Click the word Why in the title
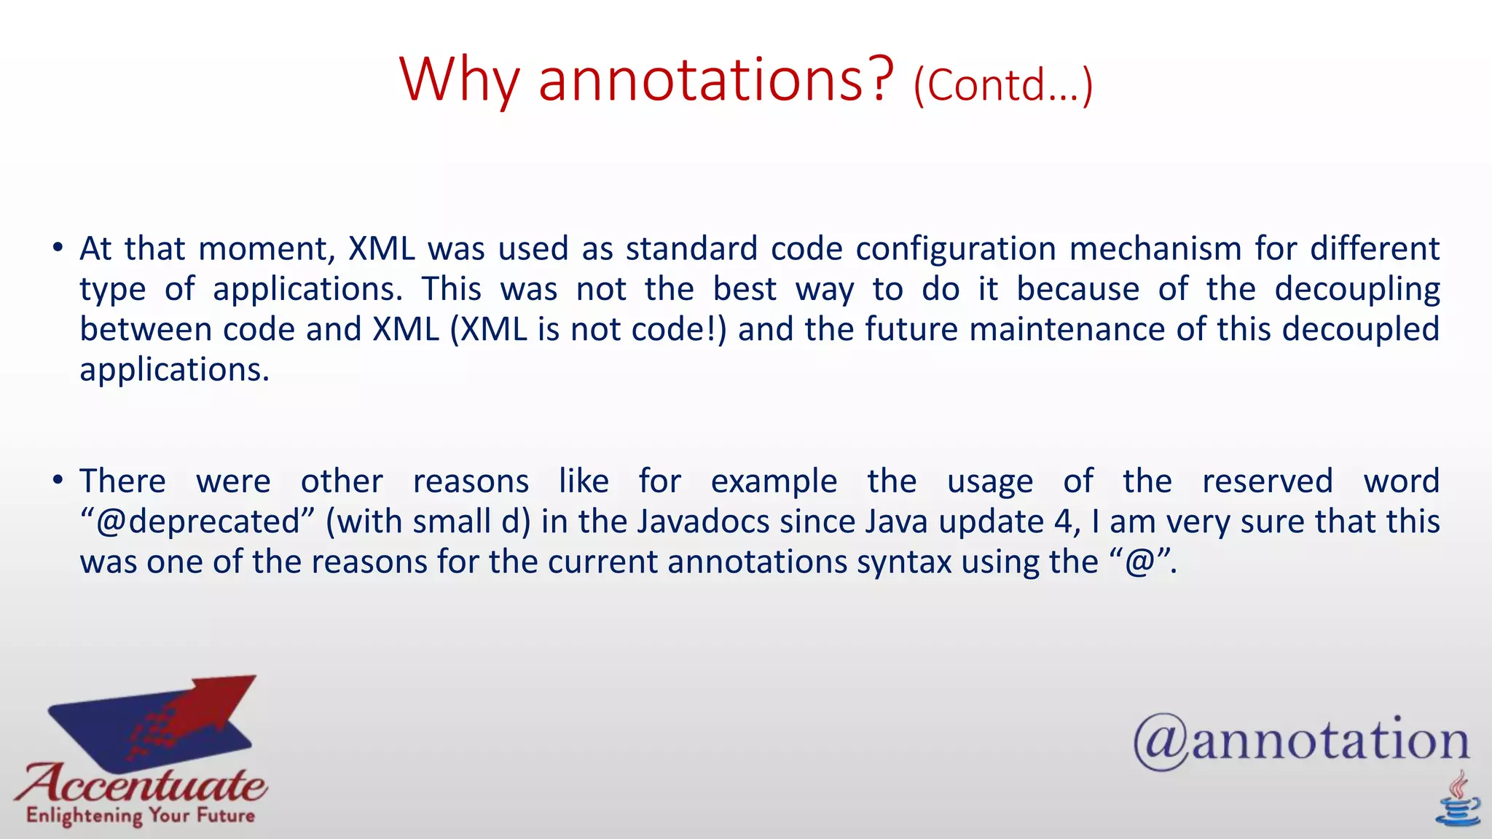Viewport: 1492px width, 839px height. click(459, 80)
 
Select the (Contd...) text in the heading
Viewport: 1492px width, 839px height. click(1002, 85)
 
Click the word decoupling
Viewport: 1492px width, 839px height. click(1356, 290)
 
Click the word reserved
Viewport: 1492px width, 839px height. click(1267, 481)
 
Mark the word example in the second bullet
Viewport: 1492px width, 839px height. click(774, 482)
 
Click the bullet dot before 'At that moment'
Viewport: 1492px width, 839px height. click(58, 248)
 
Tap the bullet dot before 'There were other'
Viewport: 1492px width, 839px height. click(58, 481)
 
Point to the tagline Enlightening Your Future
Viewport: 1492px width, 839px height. click(141, 815)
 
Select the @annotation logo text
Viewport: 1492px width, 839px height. click(1301, 741)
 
